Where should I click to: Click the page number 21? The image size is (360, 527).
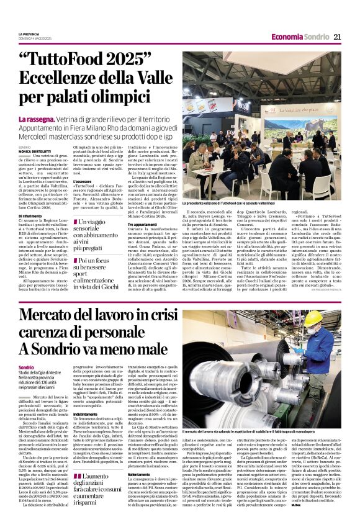click(338, 37)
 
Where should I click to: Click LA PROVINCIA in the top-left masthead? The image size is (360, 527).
click(28, 34)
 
